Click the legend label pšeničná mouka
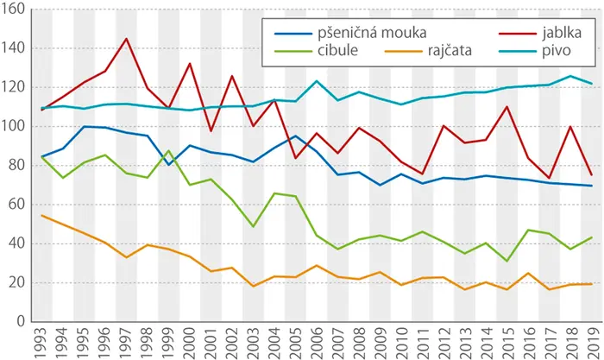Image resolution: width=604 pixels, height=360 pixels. coord(372,33)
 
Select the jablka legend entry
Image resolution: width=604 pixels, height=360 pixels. coord(562,33)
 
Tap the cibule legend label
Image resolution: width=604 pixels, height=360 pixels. coord(338,50)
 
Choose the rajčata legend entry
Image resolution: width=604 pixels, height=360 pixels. coord(450,50)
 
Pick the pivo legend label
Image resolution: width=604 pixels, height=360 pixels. coord(557,50)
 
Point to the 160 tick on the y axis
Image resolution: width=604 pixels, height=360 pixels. coord(13,9)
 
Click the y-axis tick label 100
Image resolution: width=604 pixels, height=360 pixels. coord(13,126)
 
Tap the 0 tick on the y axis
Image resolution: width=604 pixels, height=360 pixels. coord(21,321)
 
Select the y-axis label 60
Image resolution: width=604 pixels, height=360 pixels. coord(16,205)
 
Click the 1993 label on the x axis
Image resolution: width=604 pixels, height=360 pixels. coord(41,343)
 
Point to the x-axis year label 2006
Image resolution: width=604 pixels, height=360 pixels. coord(317,343)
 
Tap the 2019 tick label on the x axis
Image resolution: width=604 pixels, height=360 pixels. coord(592,343)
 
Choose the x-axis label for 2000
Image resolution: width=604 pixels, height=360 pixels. coord(189,343)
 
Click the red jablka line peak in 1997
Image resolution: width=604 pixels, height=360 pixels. coord(126,39)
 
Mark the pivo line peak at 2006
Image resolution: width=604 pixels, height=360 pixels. coord(317,81)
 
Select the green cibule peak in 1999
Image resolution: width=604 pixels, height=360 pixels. coord(168,150)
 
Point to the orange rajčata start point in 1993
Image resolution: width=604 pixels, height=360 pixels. coord(41,216)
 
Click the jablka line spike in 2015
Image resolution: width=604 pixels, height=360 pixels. coord(507,106)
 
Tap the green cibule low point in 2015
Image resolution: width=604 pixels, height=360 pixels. coord(507,261)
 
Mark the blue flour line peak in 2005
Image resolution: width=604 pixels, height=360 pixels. coord(295,136)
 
